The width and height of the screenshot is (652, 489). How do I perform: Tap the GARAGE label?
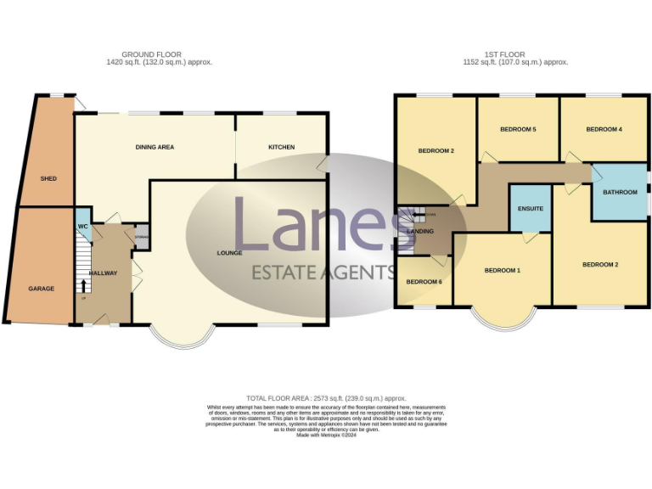(x=42, y=289)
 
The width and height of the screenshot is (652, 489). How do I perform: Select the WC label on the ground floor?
(x=82, y=227)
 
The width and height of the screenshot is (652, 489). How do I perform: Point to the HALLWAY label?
(x=103, y=273)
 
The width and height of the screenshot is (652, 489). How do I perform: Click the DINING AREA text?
(x=155, y=147)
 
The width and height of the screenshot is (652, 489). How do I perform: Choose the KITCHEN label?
(x=281, y=147)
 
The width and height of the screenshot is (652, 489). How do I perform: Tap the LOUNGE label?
(x=229, y=253)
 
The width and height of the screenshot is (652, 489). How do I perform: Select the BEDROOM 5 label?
(x=518, y=129)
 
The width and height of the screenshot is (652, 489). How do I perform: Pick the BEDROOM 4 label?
(x=604, y=129)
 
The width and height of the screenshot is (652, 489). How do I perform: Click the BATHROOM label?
(x=620, y=192)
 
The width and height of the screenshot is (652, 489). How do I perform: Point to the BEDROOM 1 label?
(x=502, y=271)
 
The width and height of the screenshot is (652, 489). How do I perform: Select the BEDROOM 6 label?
(x=424, y=282)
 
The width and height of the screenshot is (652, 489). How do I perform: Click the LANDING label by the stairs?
(x=421, y=231)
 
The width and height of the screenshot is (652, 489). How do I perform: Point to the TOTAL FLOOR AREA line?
(x=326, y=398)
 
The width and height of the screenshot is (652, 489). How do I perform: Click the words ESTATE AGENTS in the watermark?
(x=323, y=273)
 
